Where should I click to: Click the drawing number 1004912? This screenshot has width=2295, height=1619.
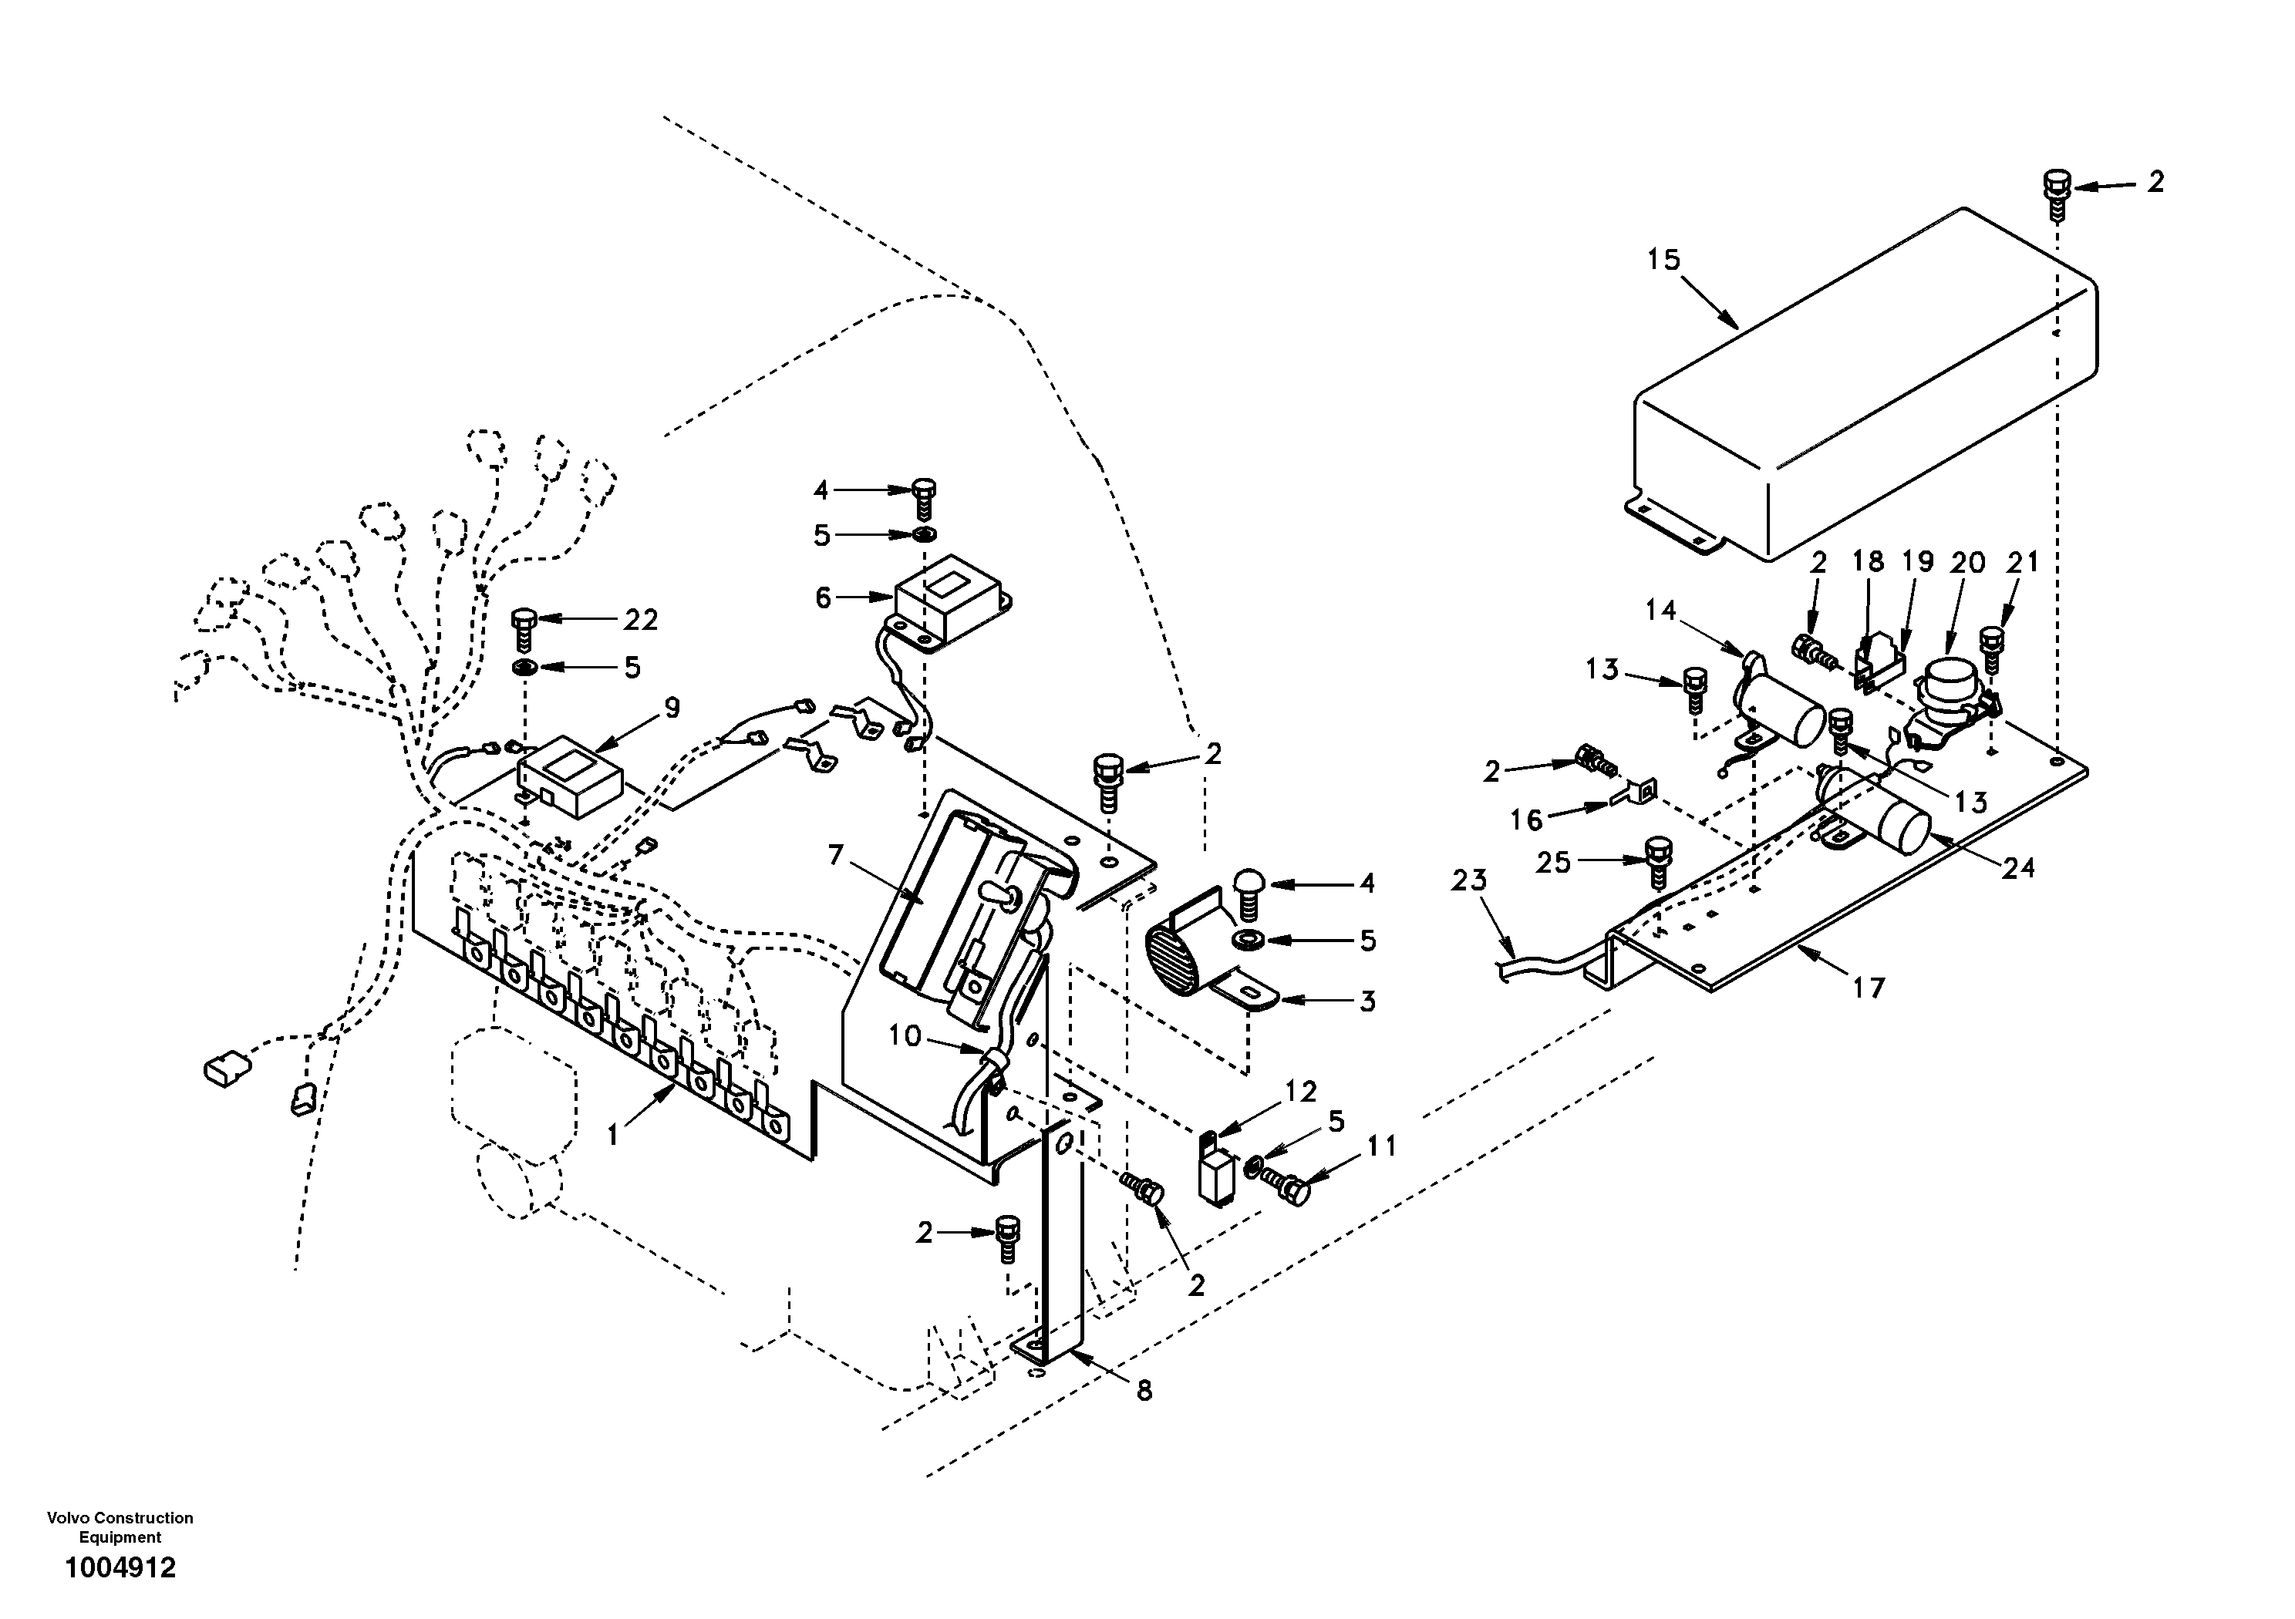tap(120, 1568)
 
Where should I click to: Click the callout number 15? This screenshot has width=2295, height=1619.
tap(1664, 260)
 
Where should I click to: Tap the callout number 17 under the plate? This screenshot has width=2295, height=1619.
tap(1869, 988)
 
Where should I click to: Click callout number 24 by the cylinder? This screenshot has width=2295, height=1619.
tap(2018, 867)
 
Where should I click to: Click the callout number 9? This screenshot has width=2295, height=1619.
tap(672, 708)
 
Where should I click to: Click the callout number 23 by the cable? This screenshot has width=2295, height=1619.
tap(1469, 880)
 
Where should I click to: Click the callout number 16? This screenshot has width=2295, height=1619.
tap(1526, 820)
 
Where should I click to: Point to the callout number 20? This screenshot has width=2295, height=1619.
tap(1967, 563)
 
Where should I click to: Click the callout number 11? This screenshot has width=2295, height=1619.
tap(1381, 1146)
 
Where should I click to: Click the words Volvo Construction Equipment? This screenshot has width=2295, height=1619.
tap(120, 1527)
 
